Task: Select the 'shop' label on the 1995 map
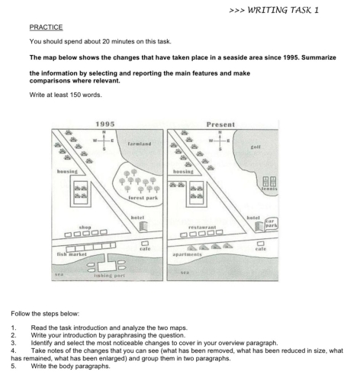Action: click(85, 226)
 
